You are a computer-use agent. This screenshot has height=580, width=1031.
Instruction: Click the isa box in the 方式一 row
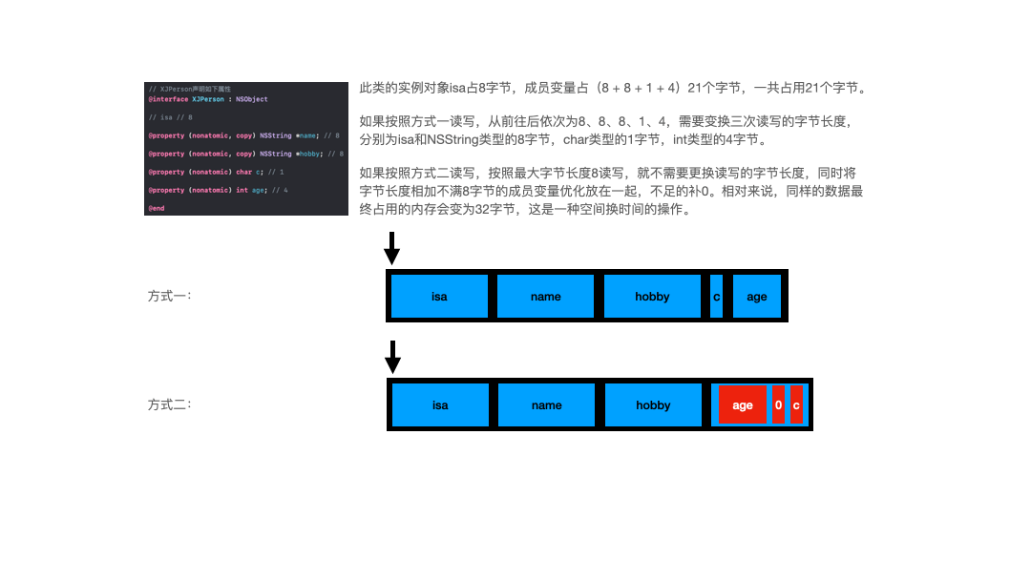click(x=439, y=297)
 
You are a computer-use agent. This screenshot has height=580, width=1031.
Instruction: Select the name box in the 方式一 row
click(x=545, y=297)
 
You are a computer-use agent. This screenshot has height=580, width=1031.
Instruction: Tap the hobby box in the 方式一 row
click(x=652, y=297)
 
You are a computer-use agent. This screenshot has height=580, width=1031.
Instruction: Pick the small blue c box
click(x=717, y=297)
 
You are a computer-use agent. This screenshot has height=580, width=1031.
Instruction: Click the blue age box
click(x=757, y=297)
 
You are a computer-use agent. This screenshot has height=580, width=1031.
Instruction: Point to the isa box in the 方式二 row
click(x=440, y=405)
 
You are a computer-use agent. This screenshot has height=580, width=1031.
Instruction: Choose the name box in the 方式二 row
click(x=546, y=405)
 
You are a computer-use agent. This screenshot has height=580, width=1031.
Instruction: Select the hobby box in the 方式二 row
click(x=653, y=405)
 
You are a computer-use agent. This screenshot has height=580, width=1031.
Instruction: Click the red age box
click(x=743, y=405)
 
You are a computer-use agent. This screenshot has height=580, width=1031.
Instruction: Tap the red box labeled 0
click(x=778, y=405)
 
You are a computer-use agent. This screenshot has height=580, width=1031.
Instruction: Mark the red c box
click(x=796, y=405)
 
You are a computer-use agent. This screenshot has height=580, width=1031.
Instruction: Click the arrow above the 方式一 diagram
click(x=391, y=249)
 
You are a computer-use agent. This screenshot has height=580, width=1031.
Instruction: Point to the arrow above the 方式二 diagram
click(x=391, y=358)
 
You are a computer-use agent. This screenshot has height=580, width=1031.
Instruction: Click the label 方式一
click(x=170, y=296)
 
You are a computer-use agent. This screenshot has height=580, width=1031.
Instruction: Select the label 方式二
click(x=170, y=404)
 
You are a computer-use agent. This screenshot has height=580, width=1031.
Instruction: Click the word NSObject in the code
click(x=252, y=99)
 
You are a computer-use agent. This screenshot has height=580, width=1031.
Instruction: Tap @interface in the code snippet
click(x=167, y=99)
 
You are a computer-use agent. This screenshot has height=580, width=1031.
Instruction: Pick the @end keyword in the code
click(x=156, y=208)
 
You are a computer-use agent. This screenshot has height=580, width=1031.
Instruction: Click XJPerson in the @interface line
click(x=208, y=99)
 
